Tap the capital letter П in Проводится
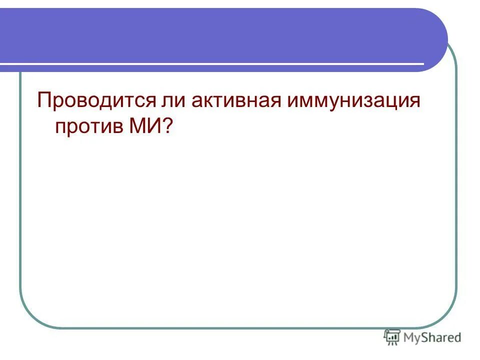point(44,101)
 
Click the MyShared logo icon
point(392,338)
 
